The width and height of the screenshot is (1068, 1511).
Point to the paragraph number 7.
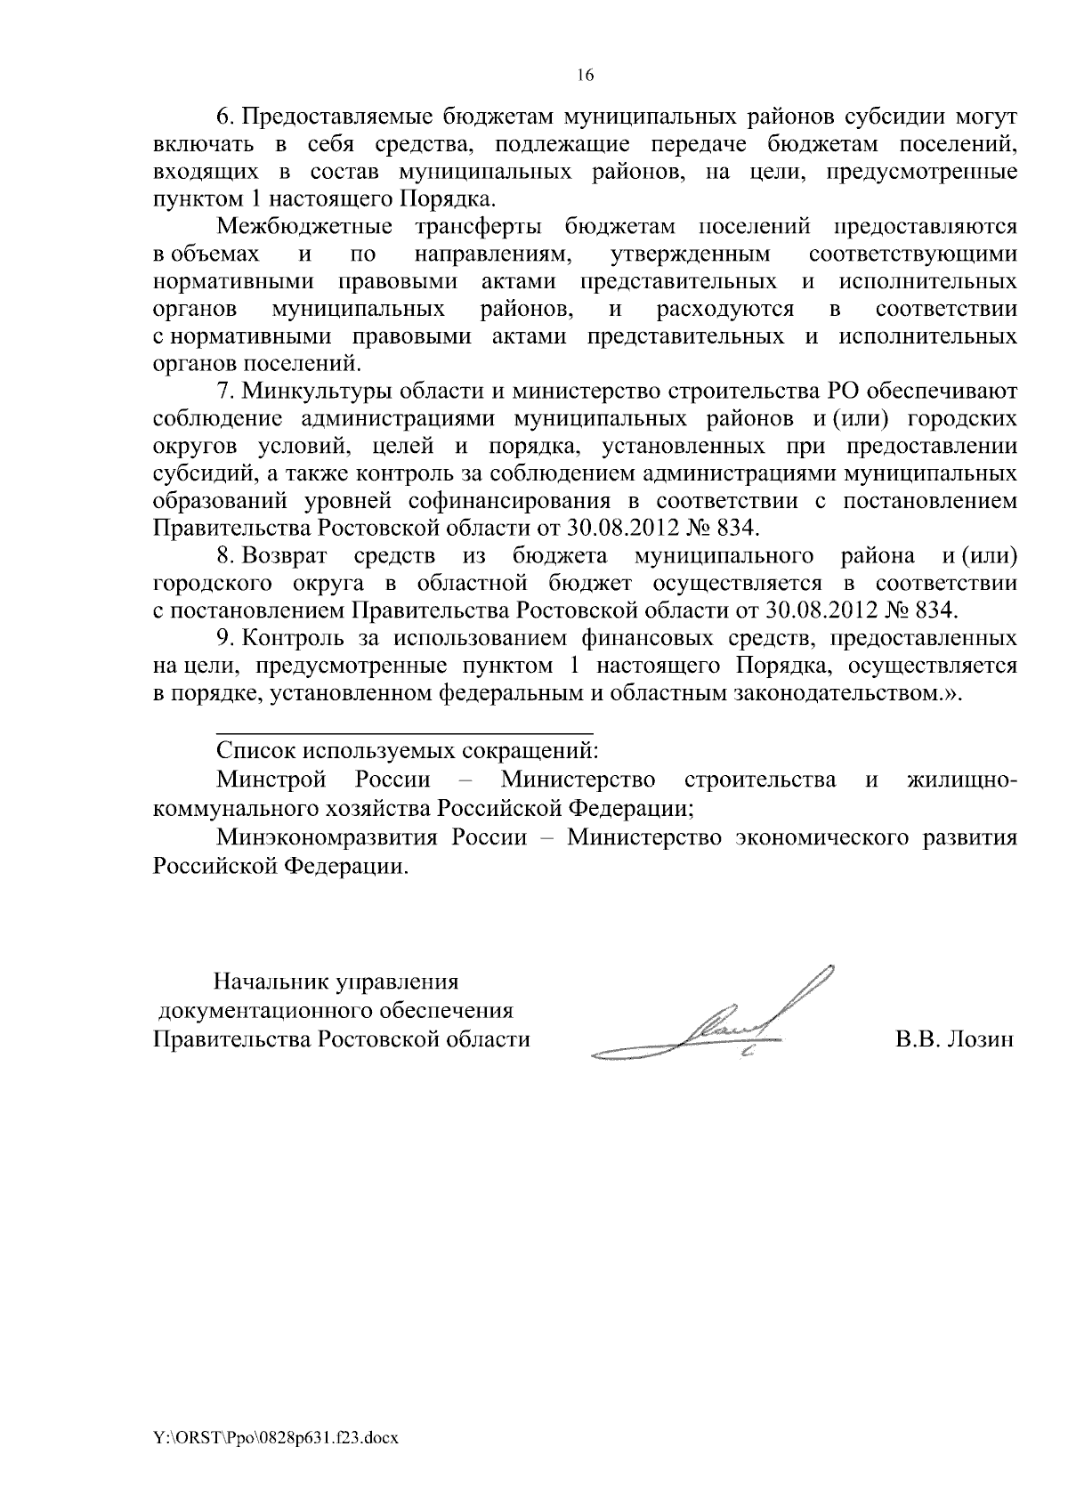click(223, 392)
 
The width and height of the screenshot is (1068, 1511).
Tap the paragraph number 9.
click(223, 638)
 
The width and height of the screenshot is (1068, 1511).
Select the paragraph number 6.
click(223, 117)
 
